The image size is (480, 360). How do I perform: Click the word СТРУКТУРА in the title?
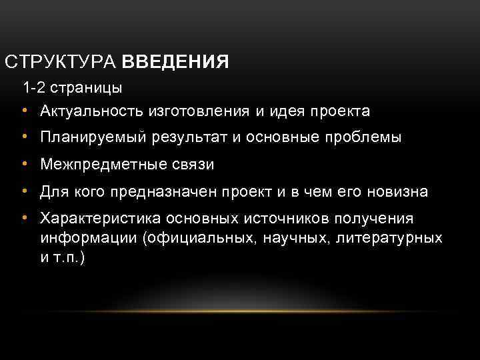pyautogui.click(x=61, y=63)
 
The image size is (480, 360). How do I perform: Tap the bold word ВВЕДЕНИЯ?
pyautogui.click(x=175, y=63)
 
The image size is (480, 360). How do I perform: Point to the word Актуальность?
pyautogui.click(x=86, y=110)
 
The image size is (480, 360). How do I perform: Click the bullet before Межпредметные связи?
pyautogui.click(x=24, y=165)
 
